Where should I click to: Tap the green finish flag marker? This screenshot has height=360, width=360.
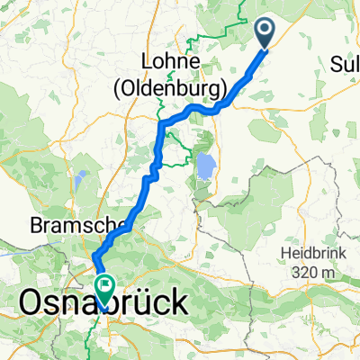click(105, 289)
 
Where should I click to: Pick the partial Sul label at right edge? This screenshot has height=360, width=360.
click(346, 64)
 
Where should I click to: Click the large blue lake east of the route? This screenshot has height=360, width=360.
click(206, 167)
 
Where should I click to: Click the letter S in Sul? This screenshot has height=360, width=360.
click(337, 64)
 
